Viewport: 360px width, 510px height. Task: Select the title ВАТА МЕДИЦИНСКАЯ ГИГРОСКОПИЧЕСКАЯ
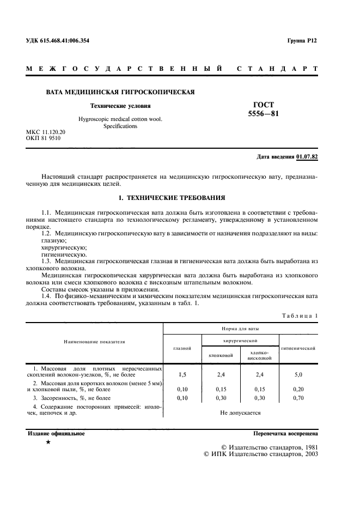120,92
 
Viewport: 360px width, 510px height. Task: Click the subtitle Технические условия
120,106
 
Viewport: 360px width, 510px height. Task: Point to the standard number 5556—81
264,114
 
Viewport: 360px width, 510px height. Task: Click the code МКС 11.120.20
46,132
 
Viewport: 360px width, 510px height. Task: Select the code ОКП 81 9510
44,138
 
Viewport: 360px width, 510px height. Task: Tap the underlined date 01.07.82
307,157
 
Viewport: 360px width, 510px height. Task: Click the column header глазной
182,348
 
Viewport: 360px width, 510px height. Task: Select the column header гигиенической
299,348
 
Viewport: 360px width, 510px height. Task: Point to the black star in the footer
48,443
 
